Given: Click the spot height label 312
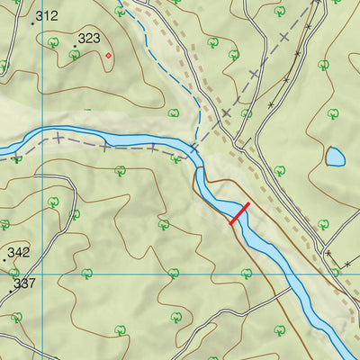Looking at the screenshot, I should click(47, 16).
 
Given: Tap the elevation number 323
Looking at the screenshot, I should click(89, 39).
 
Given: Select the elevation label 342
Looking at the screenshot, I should click(18, 253).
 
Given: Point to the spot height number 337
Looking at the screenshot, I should click(25, 283).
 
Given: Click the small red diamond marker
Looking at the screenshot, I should click(109, 56).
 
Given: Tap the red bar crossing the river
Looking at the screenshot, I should click(239, 213).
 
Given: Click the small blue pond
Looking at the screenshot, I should click(335, 157).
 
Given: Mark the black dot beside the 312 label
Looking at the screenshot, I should click(32, 22).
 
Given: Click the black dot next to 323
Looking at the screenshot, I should click(75, 45).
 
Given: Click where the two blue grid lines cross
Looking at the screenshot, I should click(42, 273).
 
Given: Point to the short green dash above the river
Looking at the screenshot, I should click(87, 110).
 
